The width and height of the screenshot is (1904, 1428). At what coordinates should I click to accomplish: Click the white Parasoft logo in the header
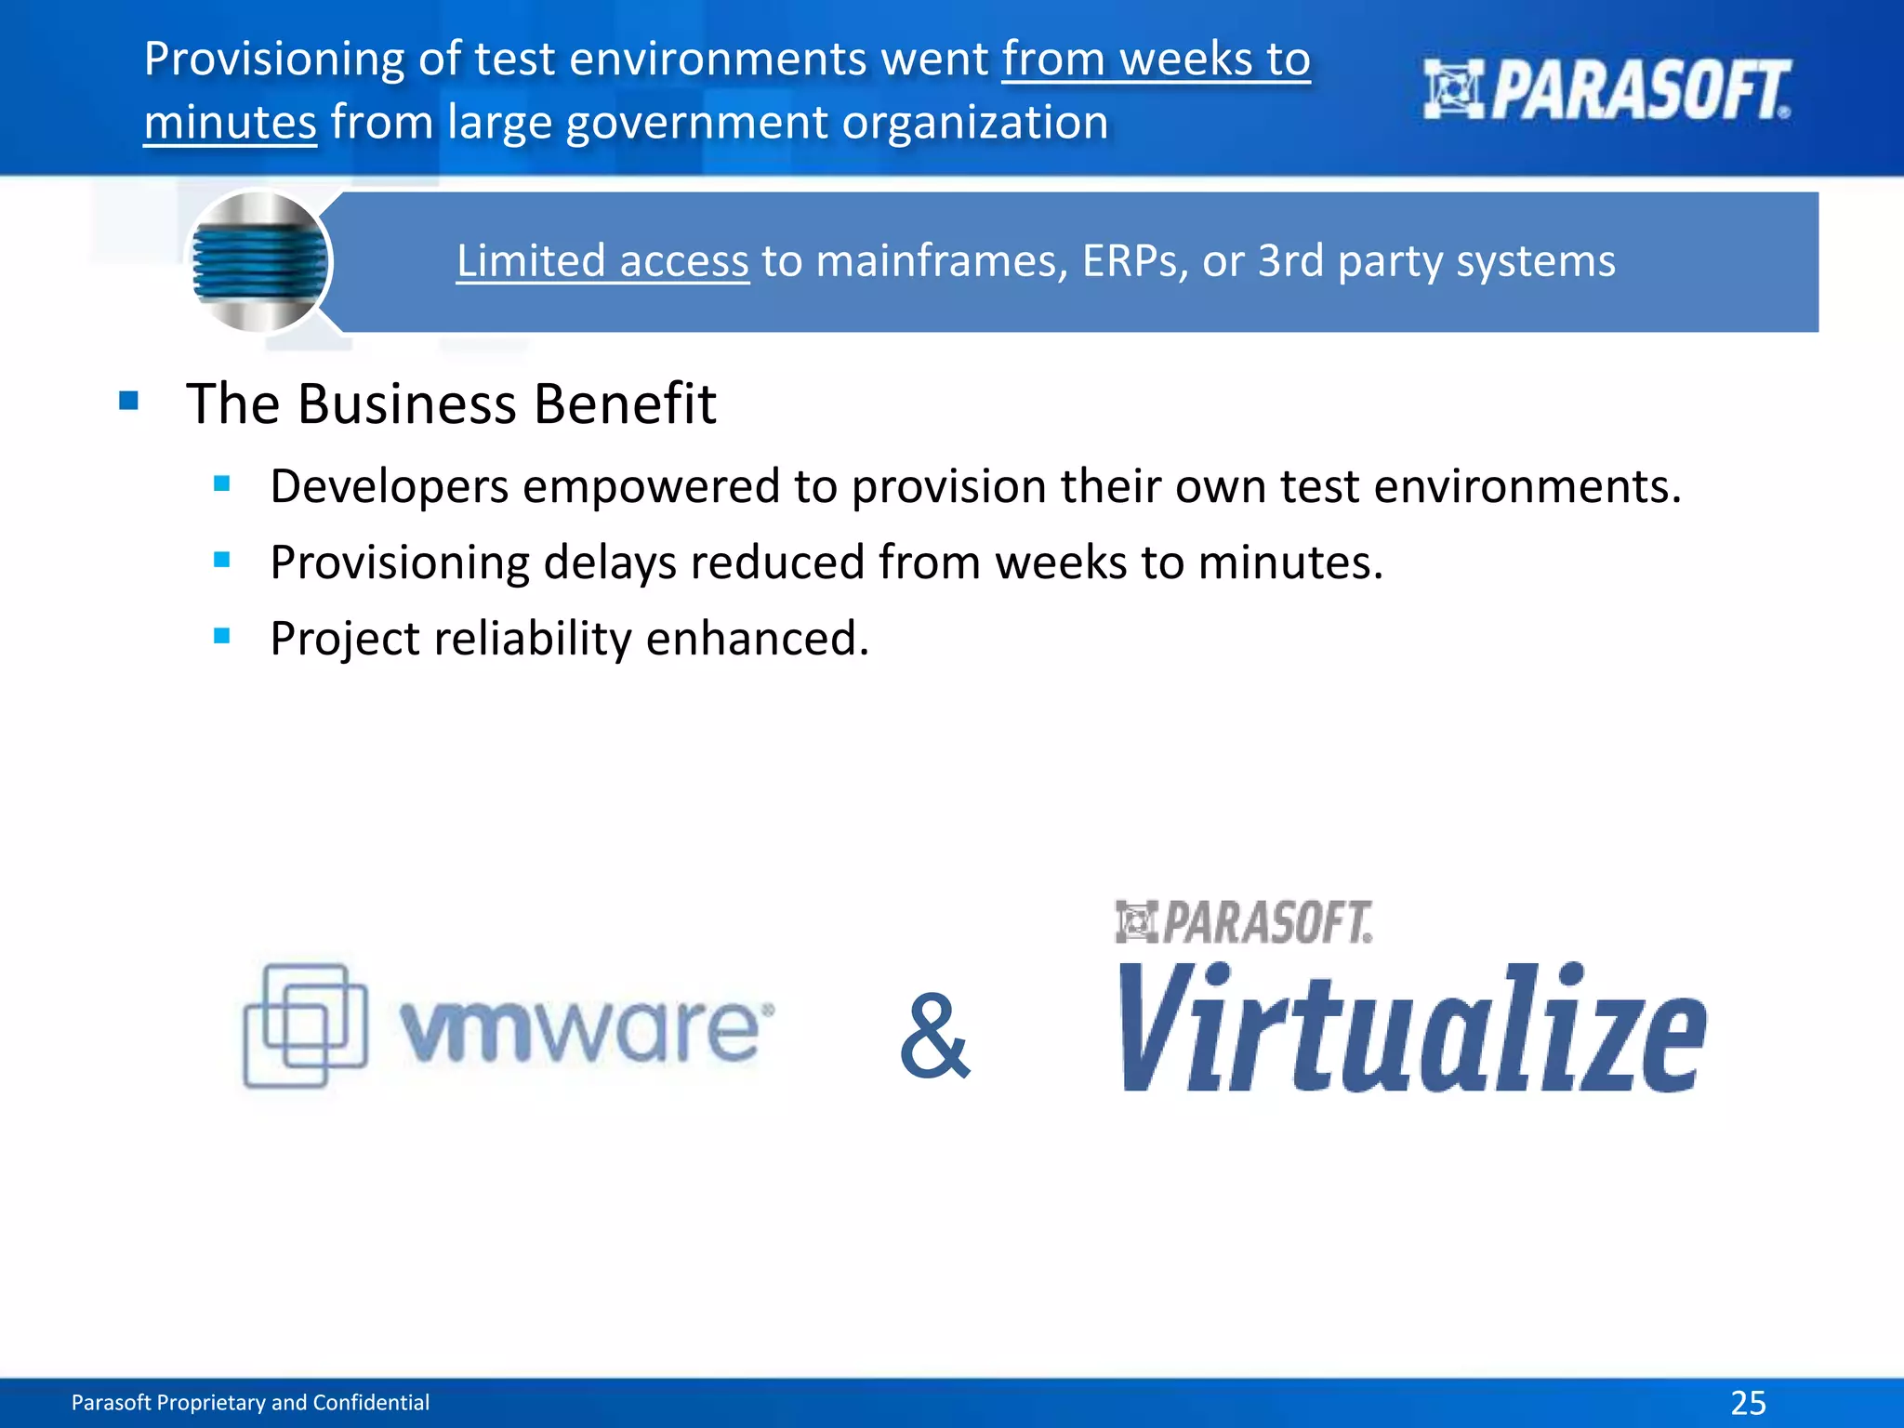[x=1606, y=90]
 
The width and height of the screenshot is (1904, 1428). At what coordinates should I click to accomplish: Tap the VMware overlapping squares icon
[x=305, y=1025]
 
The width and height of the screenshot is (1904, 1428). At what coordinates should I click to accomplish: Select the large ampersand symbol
[x=935, y=1036]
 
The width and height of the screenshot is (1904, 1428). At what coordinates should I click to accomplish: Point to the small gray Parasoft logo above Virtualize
[x=1244, y=922]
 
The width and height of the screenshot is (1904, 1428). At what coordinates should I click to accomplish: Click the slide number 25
[x=1748, y=1402]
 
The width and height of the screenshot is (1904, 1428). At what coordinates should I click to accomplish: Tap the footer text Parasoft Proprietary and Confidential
[x=250, y=1402]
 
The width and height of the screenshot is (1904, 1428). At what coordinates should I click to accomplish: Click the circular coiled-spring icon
[x=259, y=261]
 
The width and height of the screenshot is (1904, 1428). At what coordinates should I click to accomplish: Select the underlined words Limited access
[x=602, y=261]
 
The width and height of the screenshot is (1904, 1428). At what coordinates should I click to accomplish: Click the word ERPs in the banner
[x=1134, y=261]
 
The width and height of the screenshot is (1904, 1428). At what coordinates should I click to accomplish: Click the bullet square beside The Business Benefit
[x=129, y=402]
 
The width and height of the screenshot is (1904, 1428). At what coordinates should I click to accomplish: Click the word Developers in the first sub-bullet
[x=389, y=486]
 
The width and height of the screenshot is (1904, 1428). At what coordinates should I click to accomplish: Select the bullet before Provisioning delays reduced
[x=221, y=560]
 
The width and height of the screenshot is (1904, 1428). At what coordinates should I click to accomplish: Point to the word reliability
[x=533, y=639]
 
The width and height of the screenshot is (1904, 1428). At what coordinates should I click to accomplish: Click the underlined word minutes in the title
[x=231, y=123]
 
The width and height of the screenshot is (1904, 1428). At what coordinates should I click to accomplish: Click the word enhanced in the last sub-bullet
[x=757, y=639]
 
